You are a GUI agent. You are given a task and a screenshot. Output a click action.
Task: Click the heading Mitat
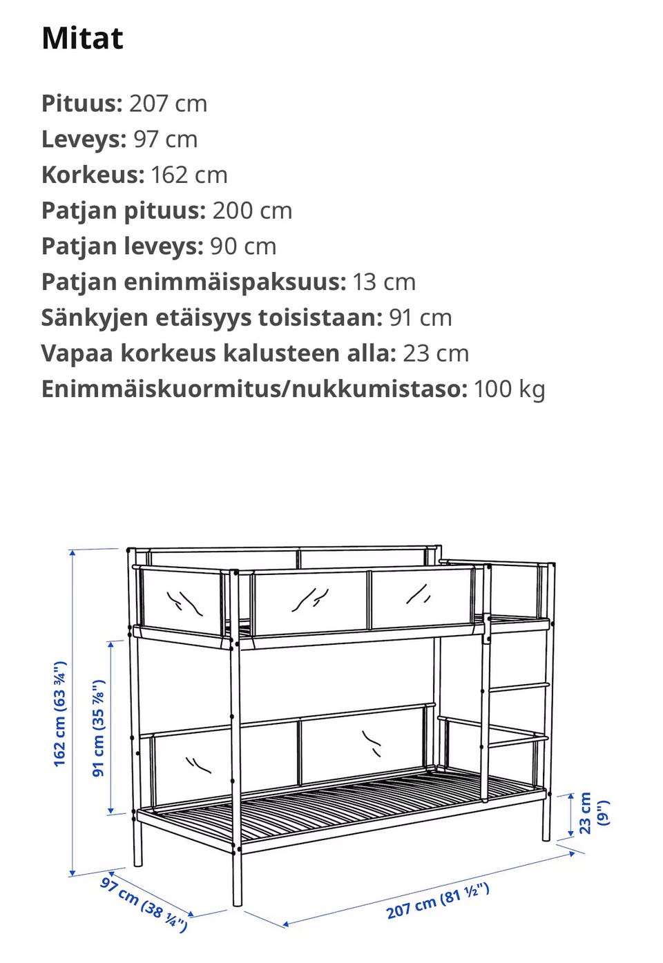82,39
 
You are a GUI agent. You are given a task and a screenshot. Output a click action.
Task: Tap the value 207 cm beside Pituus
168,104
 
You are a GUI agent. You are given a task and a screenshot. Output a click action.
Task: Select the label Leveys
82,139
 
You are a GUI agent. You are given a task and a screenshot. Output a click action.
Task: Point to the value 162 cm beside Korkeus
189,175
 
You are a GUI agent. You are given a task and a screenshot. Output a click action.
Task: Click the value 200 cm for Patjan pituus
252,211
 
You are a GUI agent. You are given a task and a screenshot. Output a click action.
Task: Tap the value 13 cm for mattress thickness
384,282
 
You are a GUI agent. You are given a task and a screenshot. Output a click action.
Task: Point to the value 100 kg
509,389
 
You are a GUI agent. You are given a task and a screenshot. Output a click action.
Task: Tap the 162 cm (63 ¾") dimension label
60,713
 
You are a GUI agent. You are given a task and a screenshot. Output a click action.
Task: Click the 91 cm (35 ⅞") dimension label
99,728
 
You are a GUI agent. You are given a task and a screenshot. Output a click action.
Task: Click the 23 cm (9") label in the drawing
593,813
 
